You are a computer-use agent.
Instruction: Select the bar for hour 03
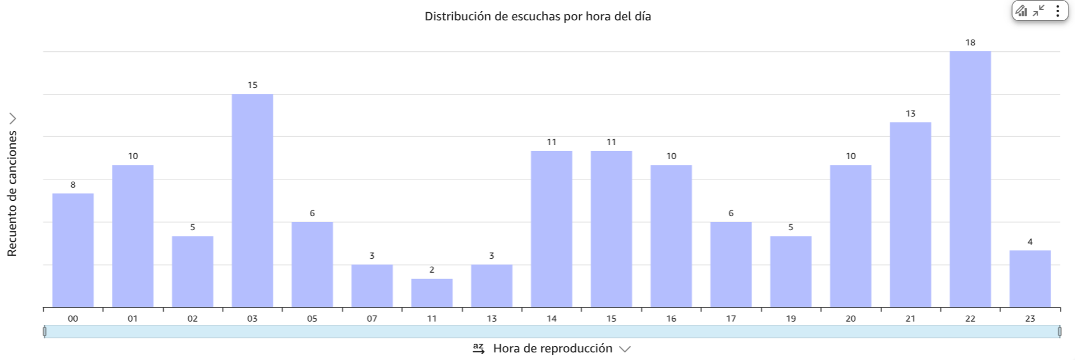point(252,200)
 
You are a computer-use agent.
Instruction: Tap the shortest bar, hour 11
point(432,293)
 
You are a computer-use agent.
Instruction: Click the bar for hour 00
point(73,250)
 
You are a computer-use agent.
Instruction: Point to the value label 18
point(970,43)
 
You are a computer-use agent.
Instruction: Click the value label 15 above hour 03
point(252,85)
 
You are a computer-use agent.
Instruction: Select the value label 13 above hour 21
point(910,114)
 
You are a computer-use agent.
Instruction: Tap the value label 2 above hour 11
point(432,270)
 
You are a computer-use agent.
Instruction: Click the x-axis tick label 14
point(551,319)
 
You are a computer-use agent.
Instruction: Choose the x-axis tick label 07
point(372,319)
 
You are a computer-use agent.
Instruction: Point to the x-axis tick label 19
point(791,319)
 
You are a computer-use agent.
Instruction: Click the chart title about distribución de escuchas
point(537,16)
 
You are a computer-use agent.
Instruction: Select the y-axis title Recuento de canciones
point(12,193)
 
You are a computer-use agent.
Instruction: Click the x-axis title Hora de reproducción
point(552,348)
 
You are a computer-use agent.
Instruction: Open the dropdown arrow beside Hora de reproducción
point(625,349)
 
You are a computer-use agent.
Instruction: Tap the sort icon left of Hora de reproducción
point(478,348)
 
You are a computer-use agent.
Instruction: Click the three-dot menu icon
point(1058,11)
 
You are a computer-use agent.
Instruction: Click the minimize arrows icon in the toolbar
point(1038,11)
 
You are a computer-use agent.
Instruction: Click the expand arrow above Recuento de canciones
point(13,119)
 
